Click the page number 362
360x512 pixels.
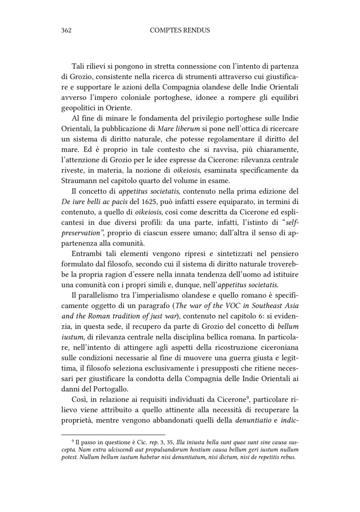pyautogui.click(x=67, y=30)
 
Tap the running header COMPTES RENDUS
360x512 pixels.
pyautogui.click(x=180, y=30)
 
